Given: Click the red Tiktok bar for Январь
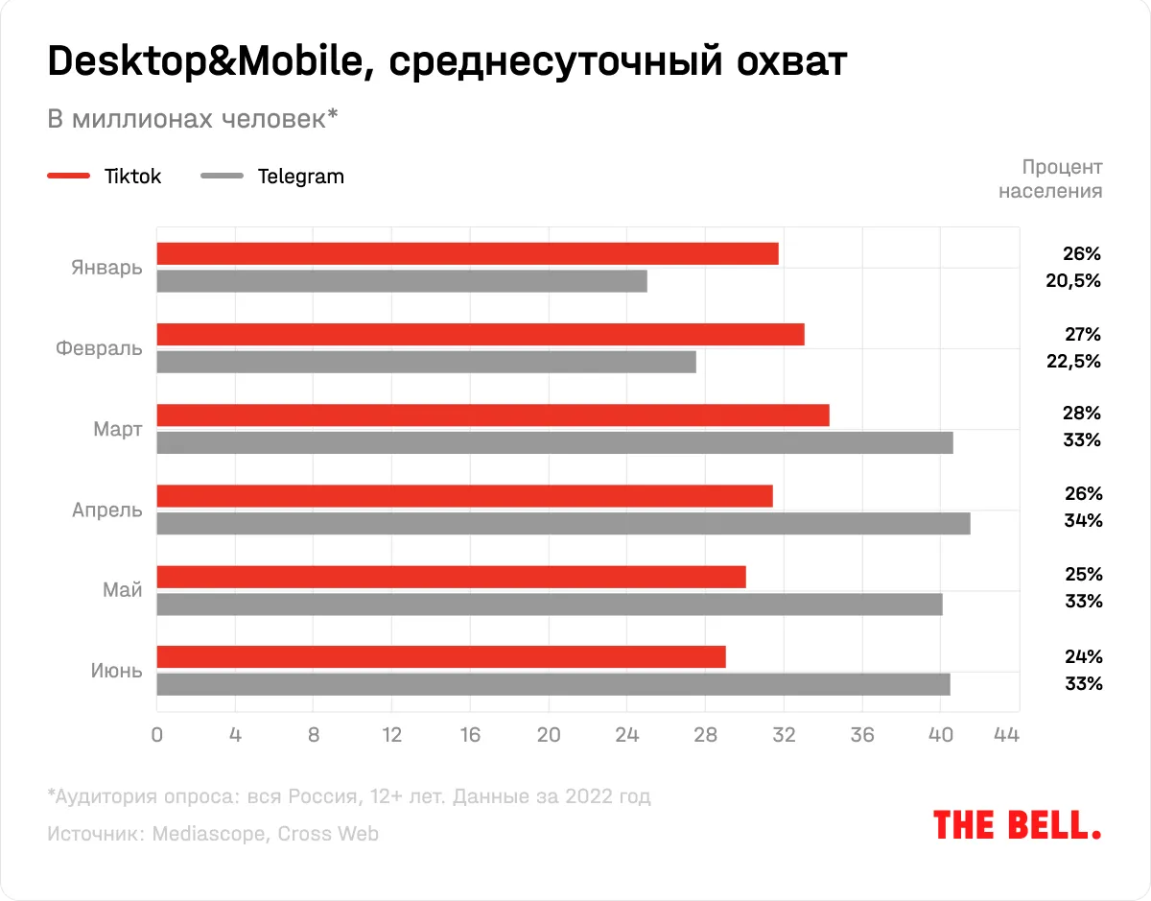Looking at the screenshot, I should pos(467,253).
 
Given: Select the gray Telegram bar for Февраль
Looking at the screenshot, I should pos(426,362).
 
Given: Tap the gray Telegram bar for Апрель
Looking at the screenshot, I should pos(563,523).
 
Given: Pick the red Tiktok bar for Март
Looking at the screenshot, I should pos(492,415).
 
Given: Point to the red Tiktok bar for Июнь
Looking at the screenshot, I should pos(440,657).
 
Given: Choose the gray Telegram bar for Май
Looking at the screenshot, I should pos(549,605).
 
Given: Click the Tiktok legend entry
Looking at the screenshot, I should pos(105,177).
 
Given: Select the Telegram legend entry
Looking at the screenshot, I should pos(272,177).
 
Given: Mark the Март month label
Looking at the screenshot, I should pos(118,429).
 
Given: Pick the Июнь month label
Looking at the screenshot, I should pos(117,671).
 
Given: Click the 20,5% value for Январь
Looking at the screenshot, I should pos(1075,281).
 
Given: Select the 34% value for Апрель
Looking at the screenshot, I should pos(1083,521).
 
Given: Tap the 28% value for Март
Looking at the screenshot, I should pos(1083,414).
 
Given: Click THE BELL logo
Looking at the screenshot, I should pos(1017,825).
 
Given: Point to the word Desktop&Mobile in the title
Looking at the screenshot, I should pos(201,63).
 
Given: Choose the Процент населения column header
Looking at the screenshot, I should pos(1051,178).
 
